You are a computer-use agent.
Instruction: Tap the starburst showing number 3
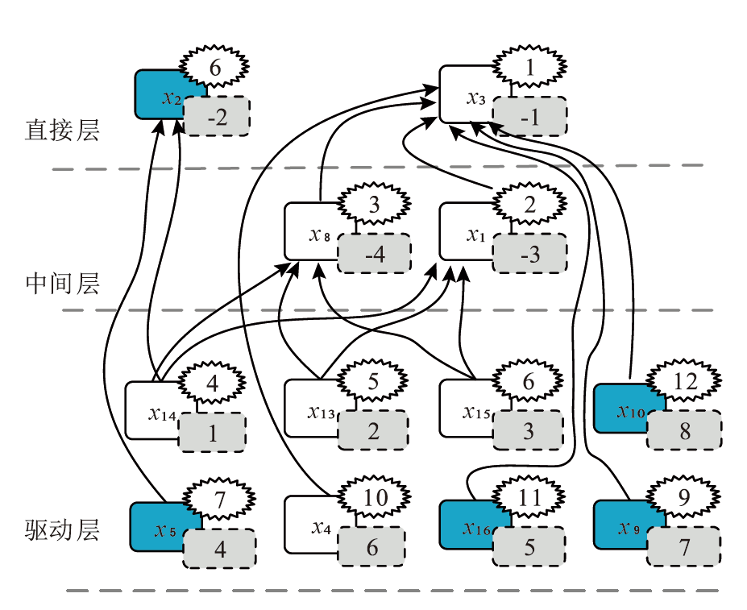[x=374, y=205]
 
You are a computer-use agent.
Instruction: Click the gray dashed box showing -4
[x=374, y=255]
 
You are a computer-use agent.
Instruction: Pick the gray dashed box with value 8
[x=684, y=431]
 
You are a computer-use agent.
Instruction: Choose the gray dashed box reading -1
[x=529, y=118]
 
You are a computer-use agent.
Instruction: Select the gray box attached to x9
[x=684, y=549]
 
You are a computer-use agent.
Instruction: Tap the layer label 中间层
[x=62, y=284]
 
